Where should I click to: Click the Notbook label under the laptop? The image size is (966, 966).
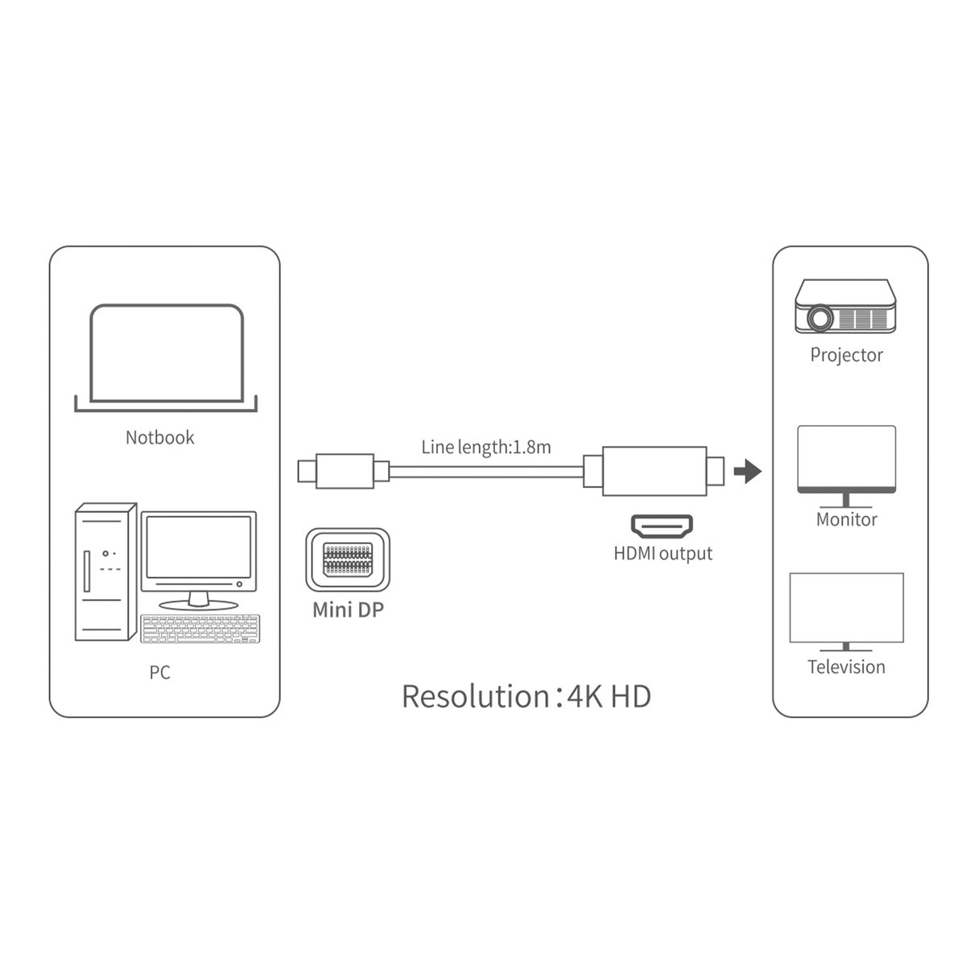click(159, 437)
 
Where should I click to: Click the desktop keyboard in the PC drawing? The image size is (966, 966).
click(200, 629)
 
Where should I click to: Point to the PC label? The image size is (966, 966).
click(159, 671)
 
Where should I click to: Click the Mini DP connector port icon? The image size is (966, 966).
click(347, 559)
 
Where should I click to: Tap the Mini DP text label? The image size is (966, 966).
click(348, 609)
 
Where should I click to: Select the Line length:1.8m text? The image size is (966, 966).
click(485, 447)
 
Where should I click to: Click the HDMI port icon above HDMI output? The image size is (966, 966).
click(663, 527)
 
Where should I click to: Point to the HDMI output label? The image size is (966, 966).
click(663, 554)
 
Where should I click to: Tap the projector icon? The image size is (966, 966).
click(845, 307)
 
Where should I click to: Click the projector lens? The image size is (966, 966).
click(819, 319)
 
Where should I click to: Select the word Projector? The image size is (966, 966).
click(846, 355)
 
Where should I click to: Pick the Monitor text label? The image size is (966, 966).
click(846, 519)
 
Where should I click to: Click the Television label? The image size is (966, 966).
click(846, 667)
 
